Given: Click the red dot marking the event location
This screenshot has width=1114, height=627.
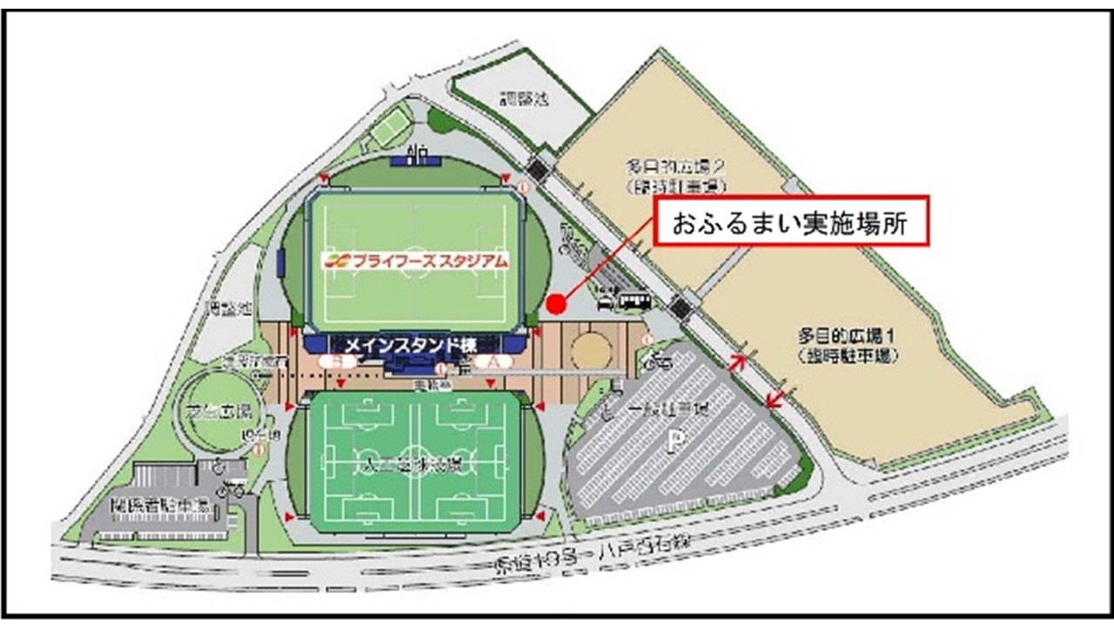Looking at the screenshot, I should tap(557, 303).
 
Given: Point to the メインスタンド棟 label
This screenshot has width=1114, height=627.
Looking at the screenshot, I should tap(410, 344).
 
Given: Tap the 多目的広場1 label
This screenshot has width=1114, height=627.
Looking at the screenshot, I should tap(847, 344).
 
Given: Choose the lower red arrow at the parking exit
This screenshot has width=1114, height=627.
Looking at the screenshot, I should tap(773, 400).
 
